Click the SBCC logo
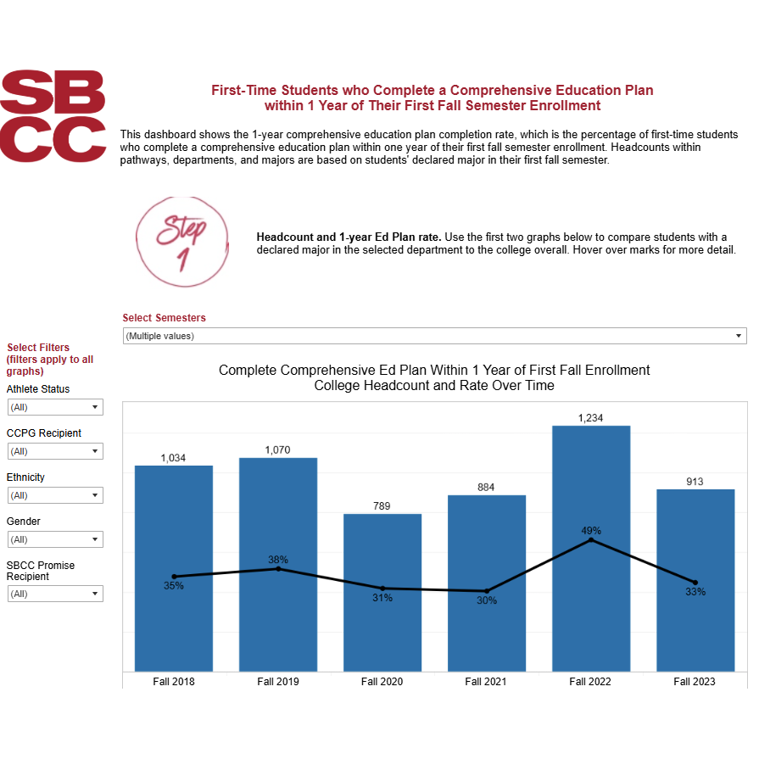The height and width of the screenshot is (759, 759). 53,115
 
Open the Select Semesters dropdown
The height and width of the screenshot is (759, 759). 434,336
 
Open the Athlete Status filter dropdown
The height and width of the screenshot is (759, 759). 55,407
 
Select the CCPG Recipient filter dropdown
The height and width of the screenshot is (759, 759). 55,451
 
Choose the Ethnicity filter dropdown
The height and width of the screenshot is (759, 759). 55,495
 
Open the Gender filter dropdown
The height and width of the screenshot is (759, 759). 55,539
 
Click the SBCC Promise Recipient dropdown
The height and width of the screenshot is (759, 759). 55,594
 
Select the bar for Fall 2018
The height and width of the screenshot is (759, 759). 174,619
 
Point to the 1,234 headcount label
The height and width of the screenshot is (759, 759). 591,417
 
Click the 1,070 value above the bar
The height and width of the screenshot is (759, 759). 278,449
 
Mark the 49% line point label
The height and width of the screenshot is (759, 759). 591,531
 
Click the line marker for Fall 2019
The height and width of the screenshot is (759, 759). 278,568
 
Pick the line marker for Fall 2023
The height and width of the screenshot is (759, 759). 695,582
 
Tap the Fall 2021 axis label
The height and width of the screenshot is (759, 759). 486,681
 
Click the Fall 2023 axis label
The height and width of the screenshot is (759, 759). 695,681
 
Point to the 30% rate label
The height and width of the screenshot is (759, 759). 486,600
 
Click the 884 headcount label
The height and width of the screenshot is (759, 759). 486,487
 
